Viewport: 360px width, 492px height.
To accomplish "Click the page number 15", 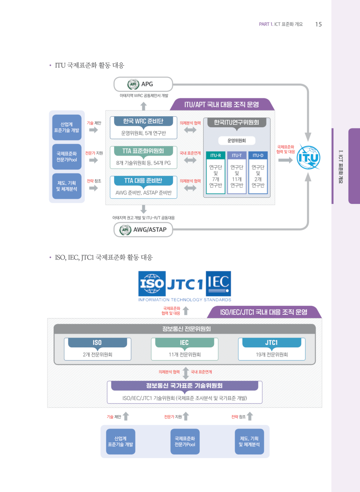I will point(318,24).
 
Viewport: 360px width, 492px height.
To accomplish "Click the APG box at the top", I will point(143,84).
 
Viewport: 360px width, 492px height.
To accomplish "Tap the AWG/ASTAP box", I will point(143,230).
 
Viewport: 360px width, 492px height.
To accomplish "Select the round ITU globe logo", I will point(308,157).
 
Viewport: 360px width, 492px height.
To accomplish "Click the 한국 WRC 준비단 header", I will point(143,122).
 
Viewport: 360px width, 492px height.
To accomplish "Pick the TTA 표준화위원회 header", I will point(143,151).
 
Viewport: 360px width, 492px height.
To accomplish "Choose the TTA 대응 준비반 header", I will point(143,180).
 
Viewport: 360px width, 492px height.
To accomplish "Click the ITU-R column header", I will point(215,155).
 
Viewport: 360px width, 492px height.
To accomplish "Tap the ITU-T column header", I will point(237,155).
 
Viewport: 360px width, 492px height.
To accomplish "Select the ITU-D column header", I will point(258,155).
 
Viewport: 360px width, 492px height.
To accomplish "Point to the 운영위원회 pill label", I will point(237,141).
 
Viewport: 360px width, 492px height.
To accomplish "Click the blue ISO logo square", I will point(152,284).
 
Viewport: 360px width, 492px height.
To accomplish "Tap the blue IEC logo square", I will point(218,283).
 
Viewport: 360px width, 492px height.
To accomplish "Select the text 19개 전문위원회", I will point(272,354).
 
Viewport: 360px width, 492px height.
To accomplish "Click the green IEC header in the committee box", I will point(184,343).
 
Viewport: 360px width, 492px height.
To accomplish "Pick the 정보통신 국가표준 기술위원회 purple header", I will point(184,386).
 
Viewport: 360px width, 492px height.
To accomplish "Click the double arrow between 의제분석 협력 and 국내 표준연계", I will point(185,373).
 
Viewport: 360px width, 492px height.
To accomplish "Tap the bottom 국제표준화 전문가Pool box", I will point(185,442).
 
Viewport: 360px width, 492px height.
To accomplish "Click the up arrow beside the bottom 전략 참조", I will point(249,417).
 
